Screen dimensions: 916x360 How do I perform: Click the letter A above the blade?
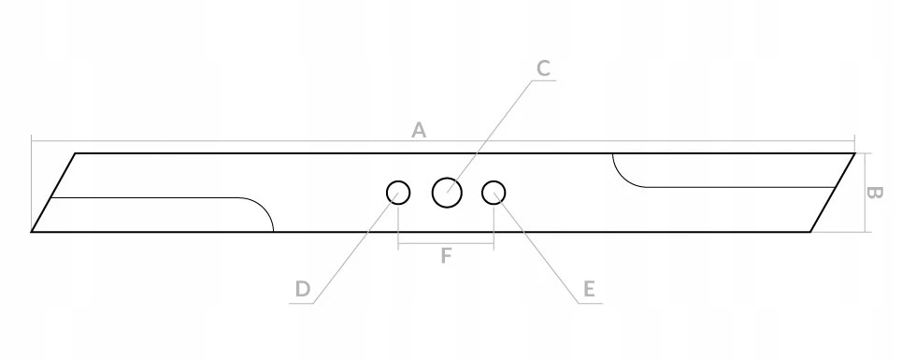click(x=419, y=130)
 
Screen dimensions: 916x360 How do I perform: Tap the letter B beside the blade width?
click(x=875, y=193)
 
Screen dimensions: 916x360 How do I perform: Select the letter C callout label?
click(x=543, y=68)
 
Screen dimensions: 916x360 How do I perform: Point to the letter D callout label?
click(x=302, y=289)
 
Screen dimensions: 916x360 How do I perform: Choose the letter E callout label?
click(x=589, y=289)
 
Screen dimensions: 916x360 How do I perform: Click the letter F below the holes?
click(x=446, y=256)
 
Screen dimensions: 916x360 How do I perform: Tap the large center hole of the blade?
click(x=447, y=193)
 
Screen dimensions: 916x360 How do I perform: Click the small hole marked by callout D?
click(x=398, y=193)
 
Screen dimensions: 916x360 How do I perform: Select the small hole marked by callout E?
click(x=494, y=193)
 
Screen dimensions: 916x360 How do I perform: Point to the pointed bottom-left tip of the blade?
click(x=32, y=232)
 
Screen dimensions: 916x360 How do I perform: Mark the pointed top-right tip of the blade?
click(x=854, y=153)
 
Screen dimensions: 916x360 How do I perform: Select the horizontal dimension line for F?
click(x=446, y=243)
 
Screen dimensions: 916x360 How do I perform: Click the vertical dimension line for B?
click(x=864, y=193)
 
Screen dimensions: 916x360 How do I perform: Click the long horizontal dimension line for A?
click(x=443, y=141)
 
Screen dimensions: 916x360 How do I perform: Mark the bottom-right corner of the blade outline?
click(x=810, y=232)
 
